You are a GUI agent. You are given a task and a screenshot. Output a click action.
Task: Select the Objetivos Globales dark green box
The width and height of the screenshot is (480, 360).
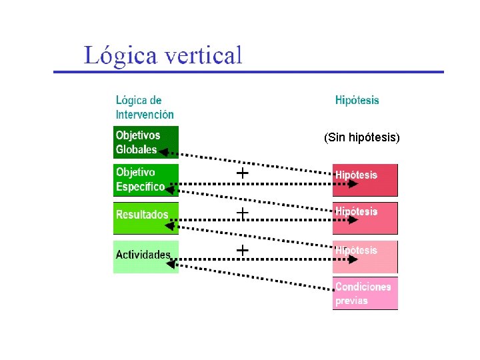pos(145,142)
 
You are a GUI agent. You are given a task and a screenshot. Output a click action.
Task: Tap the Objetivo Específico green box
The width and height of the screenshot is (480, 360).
pos(145,180)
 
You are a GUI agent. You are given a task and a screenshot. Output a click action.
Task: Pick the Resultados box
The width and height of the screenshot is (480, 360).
pos(145,217)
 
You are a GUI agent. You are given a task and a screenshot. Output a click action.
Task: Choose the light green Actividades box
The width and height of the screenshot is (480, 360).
pos(145,257)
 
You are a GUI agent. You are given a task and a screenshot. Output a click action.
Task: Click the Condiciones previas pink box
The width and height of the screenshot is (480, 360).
pos(365,293)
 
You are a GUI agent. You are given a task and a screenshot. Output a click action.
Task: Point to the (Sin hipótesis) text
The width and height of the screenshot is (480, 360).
pos(362,138)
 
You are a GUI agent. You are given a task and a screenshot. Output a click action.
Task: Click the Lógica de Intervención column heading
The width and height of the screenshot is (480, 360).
pos(145,107)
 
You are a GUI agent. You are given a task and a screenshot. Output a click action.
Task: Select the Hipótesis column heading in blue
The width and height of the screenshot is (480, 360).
pos(357,101)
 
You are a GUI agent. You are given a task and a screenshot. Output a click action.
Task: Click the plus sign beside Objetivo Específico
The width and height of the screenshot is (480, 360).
pos(243,173)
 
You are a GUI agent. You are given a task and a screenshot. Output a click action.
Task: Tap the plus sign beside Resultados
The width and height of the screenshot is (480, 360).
pos(243,213)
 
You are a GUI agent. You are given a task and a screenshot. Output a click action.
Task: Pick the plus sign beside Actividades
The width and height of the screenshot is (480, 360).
pos(243,250)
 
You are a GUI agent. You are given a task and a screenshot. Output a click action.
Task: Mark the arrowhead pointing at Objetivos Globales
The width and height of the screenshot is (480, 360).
pos(164,151)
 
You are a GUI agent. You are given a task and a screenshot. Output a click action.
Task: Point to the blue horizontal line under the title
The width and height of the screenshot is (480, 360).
pos(248,71)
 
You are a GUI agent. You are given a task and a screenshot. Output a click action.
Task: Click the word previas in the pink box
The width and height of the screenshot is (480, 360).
pos(351,301)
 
